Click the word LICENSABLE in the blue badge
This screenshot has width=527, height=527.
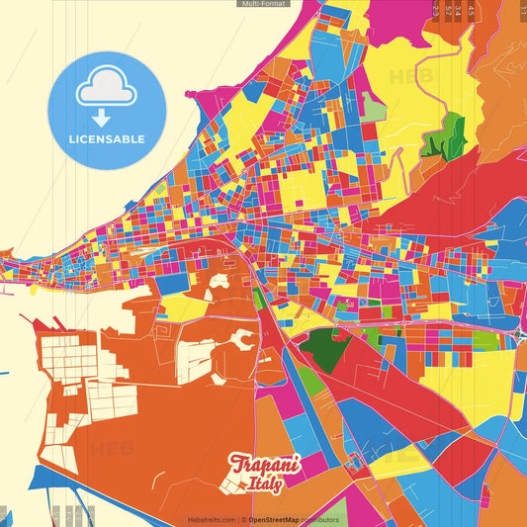coord(107,139)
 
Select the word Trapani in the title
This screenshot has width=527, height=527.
coord(264,464)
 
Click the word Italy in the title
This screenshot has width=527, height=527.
coord(264,483)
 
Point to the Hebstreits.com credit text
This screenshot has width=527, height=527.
coord(212,519)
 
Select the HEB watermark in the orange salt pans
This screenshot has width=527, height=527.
coord(111,448)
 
